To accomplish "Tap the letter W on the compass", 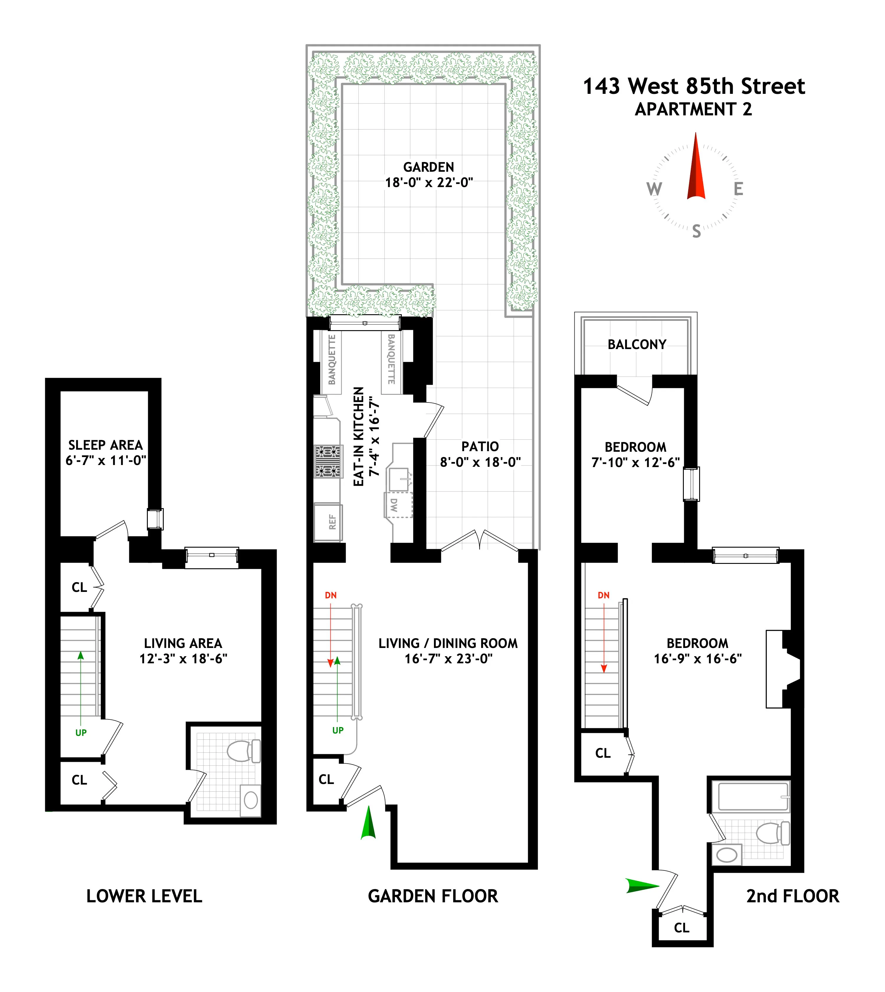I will (654, 189).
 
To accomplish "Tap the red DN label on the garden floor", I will (331, 595).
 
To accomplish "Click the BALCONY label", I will (637, 345).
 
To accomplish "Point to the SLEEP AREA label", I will (106, 445).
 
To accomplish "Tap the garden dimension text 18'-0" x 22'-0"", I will (429, 183).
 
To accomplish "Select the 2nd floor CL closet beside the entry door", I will (681, 928).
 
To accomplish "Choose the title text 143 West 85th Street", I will (694, 86).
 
